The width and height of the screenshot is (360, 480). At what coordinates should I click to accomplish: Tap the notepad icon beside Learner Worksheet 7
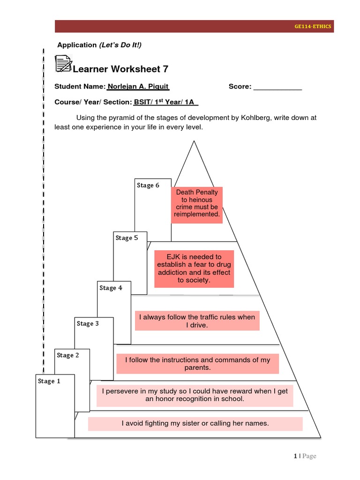click(x=63, y=64)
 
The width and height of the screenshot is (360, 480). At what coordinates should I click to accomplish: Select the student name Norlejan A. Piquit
click(x=138, y=87)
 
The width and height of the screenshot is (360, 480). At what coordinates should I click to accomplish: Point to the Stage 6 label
click(x=148, y=185)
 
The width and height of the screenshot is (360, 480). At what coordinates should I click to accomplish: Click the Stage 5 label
click(x=127, y=238)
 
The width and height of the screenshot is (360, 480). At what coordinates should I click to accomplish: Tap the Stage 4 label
click(x=111, y=288)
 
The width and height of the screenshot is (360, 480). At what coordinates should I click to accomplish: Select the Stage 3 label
click(x=88, y=323)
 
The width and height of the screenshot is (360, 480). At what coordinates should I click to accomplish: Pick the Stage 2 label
click(x=68, y=355)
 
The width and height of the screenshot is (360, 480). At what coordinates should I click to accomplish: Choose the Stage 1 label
click(x=49, y=381)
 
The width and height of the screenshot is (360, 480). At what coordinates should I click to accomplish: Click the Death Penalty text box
click(x=197, y=203)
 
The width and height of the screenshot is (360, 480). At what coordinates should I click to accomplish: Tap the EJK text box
click(x=194, y=269)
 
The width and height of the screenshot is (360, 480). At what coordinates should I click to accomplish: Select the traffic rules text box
click(x=197, y=321)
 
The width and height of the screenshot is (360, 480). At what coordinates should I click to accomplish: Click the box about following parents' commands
click(x=197, y=364)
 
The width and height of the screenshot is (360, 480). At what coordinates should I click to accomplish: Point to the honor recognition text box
click(x=195, y=395)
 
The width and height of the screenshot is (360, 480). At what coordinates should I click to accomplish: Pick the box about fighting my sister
click(x=195, y=423)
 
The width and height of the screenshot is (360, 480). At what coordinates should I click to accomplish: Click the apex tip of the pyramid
click(x=192, y=141)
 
